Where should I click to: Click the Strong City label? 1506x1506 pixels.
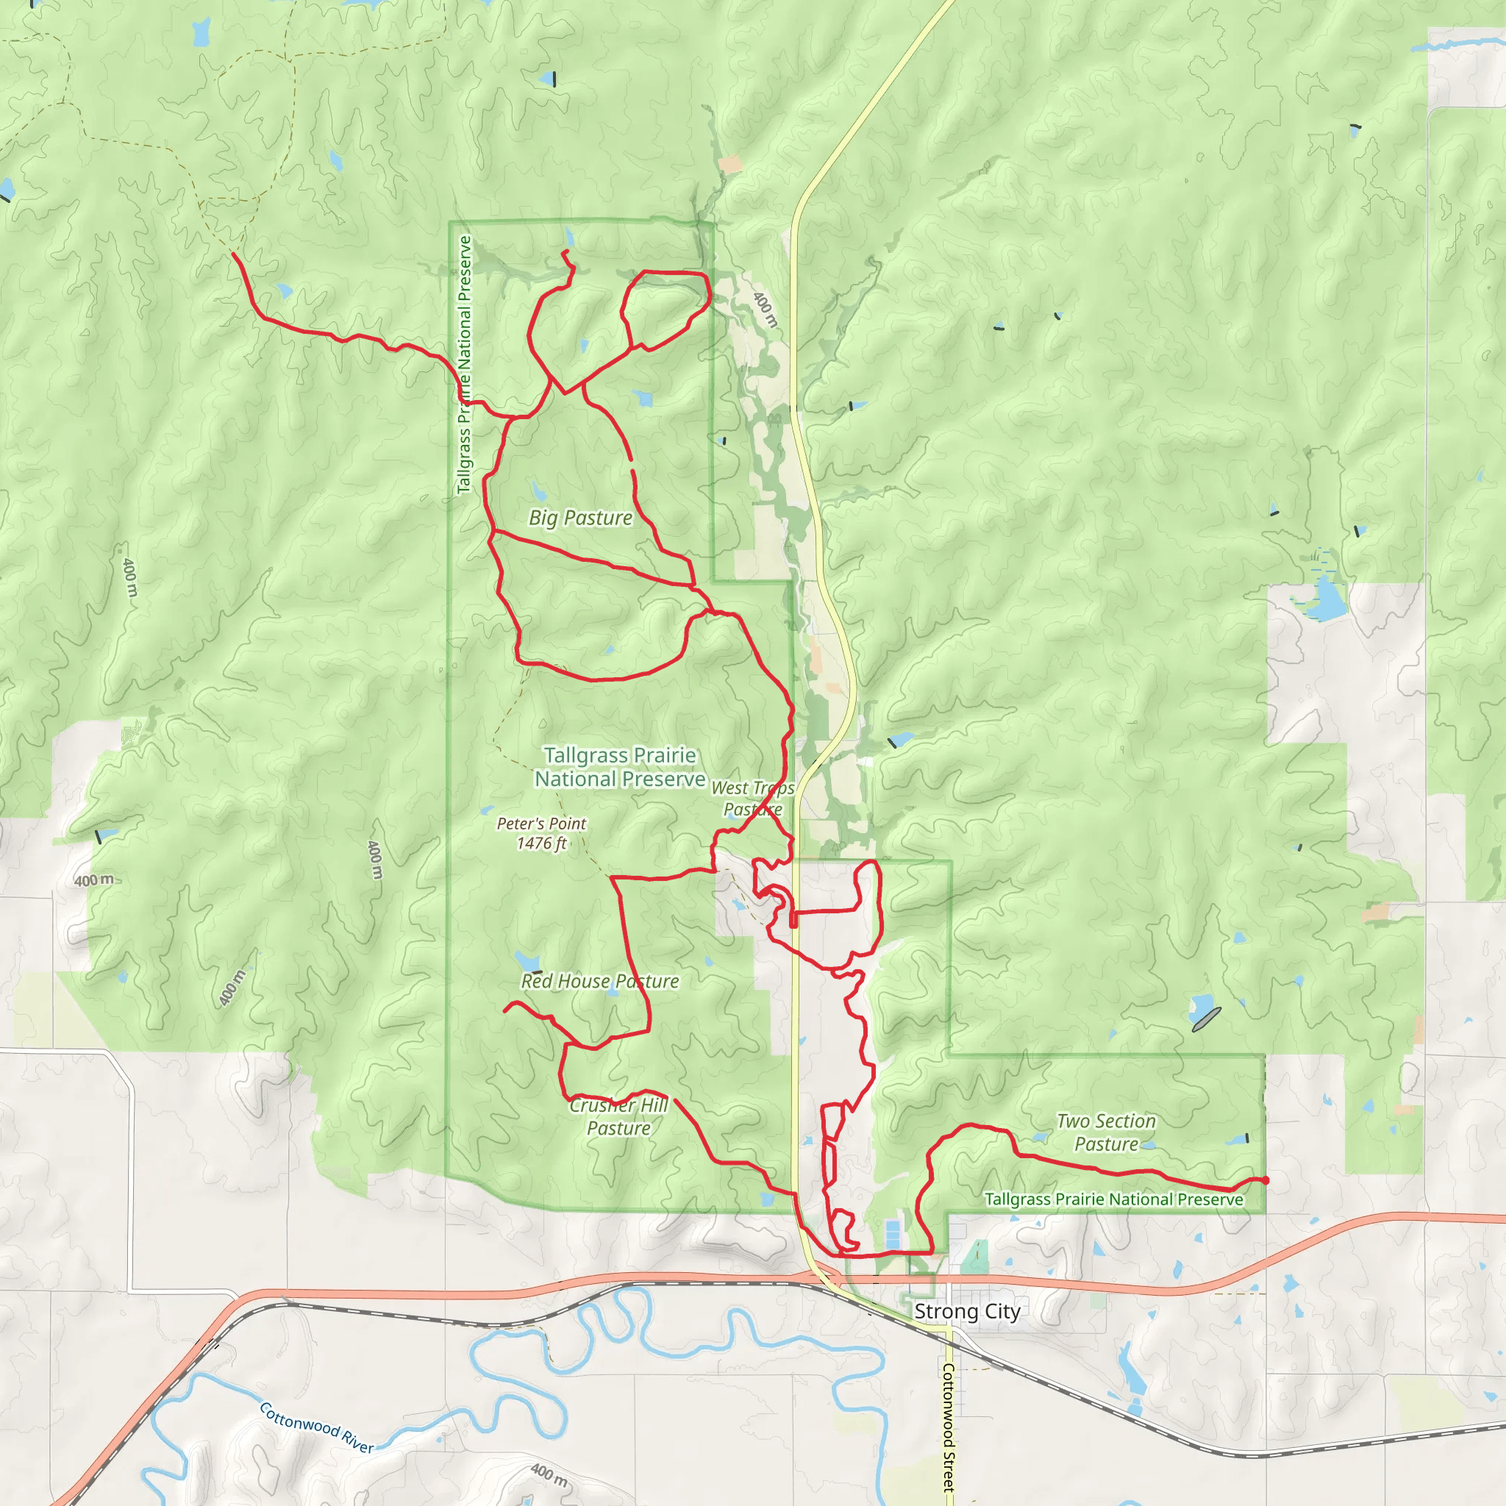[966, 1311]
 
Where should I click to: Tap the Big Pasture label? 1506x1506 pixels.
[580, 518]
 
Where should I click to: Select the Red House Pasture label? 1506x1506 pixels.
[599, 982]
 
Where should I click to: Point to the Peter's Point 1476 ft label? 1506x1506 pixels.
[541, 833]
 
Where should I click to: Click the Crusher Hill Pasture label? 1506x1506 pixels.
[619, 1116]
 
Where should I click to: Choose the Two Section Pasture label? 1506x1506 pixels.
[1106, 1132]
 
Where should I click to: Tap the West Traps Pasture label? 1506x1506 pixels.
[752, 799]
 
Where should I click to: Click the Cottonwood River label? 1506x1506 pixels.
[315, 1427]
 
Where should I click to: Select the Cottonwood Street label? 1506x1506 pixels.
[948, 1426]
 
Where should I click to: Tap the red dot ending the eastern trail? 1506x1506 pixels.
[1265, 1180]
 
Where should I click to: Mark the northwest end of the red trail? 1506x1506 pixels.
[234, 254]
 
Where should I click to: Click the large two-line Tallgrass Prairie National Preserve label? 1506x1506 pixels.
[620, 767]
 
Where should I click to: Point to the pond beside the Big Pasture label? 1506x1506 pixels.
[538, 491]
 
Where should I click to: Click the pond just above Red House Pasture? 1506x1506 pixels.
[528, 960]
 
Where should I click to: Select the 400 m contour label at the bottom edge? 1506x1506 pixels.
[549, 1473]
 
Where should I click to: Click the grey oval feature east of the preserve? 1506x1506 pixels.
[1206, 1020]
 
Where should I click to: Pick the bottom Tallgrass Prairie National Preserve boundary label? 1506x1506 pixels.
[1114, 1199]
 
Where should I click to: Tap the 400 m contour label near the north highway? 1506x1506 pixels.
[766, 310]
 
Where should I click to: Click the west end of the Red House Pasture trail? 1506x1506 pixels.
[505, 1011]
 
